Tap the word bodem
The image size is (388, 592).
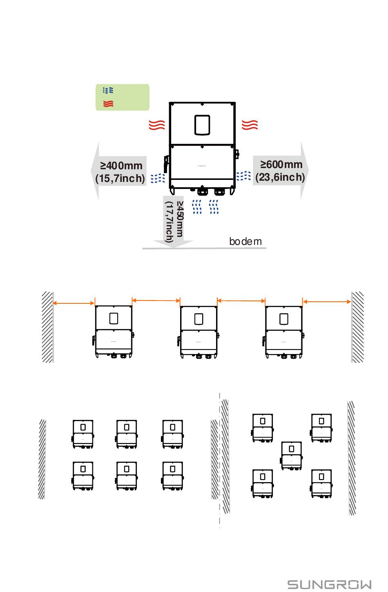click(245, 241)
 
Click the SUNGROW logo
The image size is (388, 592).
click(329, 584)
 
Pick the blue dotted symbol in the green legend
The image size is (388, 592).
click(108, 90)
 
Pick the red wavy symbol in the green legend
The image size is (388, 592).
click(108, 103)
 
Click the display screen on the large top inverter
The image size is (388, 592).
click(202, 125)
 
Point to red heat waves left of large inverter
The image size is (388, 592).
click(157, 125)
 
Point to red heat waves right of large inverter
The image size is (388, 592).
click(250, 125)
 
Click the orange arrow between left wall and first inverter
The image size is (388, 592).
click(74, 303)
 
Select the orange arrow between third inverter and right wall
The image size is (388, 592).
click(327, 302)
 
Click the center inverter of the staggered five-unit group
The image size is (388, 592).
click(291, 456)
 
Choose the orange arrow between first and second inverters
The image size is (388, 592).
click(156, 300)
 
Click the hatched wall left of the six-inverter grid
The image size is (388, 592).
click(42, 459)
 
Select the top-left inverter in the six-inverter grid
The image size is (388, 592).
click(83, 434)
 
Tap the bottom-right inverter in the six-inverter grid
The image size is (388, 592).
click(172, 476)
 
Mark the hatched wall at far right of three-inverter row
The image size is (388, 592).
click(357, 327)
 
